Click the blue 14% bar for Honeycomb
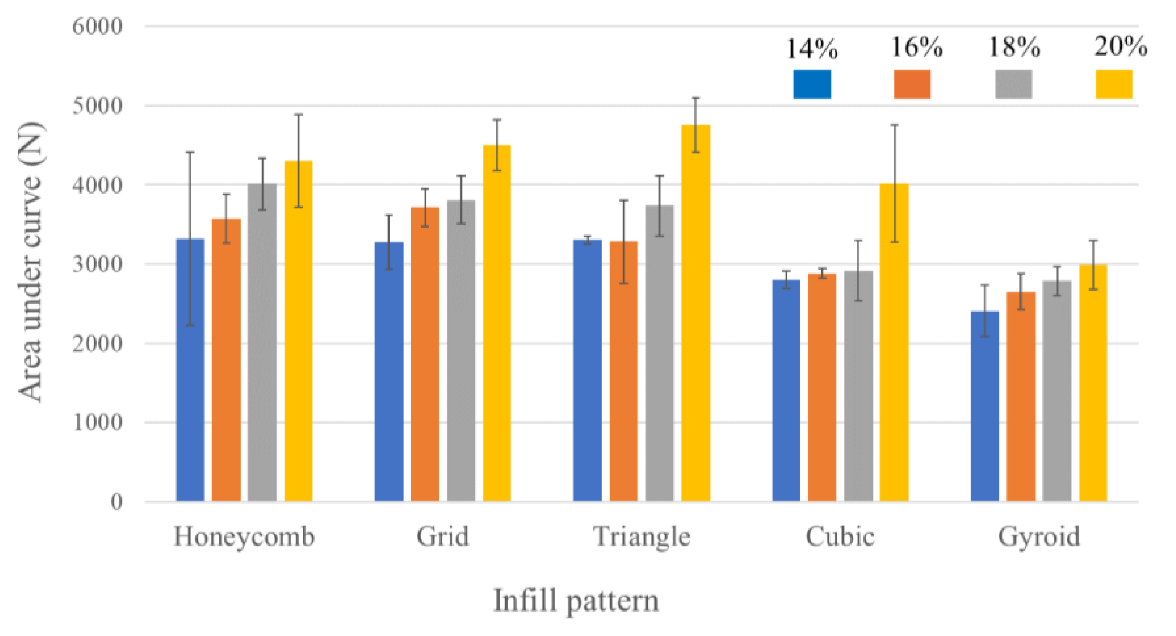[190, 370]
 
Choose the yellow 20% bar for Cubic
[894, 342]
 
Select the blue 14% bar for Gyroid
[985, 406]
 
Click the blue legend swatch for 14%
[812, 84]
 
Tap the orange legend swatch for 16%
[912, 84]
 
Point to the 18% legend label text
[1014, 47]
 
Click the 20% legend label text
[1120, 46]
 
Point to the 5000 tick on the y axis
[97, 106]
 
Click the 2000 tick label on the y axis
[97, 343]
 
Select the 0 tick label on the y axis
[116, 502]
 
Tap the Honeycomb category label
[244, 536]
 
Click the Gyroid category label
[1039, 536]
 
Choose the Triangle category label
[641, 536]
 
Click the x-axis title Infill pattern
[576, 601]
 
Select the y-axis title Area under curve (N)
[31, 263]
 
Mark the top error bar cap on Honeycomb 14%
[190, 152]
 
